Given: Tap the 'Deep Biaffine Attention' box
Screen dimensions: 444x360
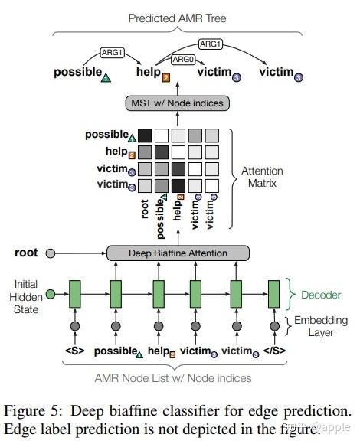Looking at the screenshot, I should click(178, 253).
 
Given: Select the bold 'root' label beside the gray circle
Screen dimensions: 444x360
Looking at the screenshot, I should click(26, 252).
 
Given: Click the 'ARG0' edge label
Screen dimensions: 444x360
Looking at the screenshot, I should click(183, 58).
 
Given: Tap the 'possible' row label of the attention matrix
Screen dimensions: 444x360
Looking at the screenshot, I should click(106, 135).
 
